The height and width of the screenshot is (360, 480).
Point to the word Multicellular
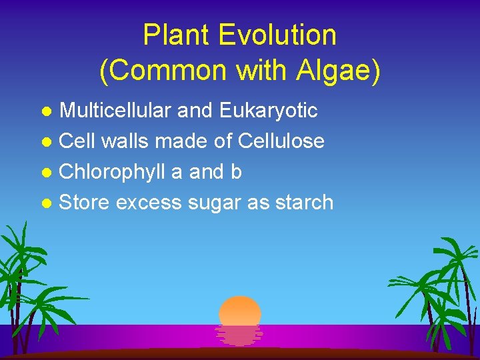[116, 111]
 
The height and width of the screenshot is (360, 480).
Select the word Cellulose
[281, 141]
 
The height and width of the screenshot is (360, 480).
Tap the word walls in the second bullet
[125, 141]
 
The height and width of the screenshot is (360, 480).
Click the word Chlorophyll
[113, 172]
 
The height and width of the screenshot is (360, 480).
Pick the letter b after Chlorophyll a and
[235, 172]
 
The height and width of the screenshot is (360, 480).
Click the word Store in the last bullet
[84, 202]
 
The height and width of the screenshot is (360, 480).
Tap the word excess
[148, 202]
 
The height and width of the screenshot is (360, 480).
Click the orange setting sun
[240, 311]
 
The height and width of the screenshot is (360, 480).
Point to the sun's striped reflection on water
[239, 335]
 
